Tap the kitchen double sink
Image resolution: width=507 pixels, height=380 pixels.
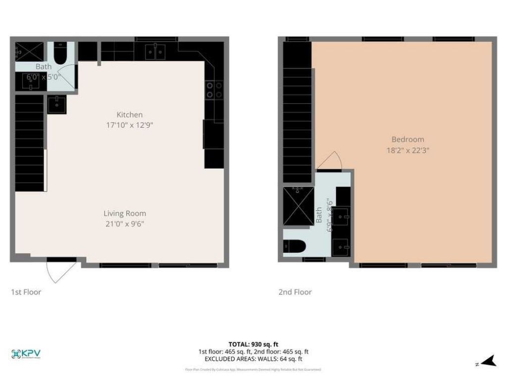coord(156,51)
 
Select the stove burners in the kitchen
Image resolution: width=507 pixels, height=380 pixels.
coord(215,90)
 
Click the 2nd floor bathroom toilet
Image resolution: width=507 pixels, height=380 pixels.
coord(292,246)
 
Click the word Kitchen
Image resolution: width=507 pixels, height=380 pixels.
coord(129,115)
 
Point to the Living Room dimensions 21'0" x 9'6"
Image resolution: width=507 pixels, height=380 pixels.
coord(124,224)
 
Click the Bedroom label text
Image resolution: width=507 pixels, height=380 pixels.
coord(407,140)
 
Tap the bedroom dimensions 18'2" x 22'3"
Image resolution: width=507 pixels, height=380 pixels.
coord(407,150)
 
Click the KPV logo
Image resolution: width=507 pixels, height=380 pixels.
coord(26,354)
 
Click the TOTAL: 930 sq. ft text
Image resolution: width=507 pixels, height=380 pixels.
coord(253,344)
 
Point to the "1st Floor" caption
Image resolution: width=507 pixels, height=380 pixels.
coord(26,292)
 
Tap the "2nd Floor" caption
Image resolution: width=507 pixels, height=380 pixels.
coord(295,292)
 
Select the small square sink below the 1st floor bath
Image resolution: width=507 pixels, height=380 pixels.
coord(57,104)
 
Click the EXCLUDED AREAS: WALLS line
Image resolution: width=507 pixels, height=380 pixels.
coord(253,359)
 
